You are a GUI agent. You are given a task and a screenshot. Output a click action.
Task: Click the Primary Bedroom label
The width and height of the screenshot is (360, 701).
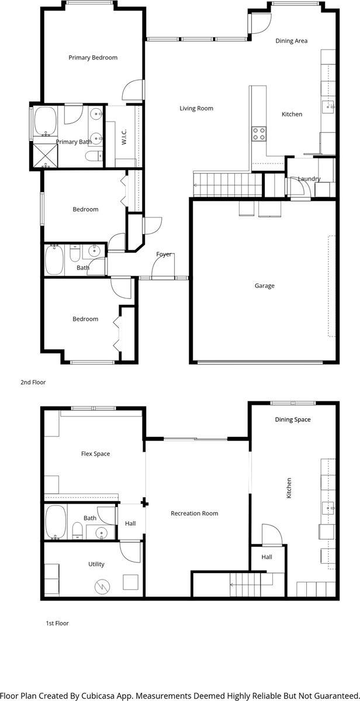tap(93, 58)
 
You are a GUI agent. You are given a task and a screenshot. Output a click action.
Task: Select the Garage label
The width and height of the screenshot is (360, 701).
tap(264, 286)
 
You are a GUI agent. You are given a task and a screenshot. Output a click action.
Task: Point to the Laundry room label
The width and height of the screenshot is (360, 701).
tap(309, 179)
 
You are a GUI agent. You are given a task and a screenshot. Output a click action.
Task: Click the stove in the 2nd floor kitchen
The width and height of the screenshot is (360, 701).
tap(259, 134)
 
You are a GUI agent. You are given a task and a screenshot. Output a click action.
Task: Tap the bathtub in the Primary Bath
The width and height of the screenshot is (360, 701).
tap(45, 121)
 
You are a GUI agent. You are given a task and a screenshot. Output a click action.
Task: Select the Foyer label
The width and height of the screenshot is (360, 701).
tap(164, 255)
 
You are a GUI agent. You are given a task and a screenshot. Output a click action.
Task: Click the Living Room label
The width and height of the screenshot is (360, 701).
tap(196, 109)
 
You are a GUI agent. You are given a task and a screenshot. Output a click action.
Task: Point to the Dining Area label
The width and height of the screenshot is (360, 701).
tap(292, 41)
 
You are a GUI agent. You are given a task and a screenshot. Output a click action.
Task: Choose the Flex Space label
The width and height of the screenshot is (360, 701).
tap(95, 454)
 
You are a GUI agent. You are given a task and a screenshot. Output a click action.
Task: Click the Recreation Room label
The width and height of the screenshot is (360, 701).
tap(194, 514)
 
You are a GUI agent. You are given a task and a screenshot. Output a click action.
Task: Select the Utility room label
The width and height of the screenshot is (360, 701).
tap(96, 564)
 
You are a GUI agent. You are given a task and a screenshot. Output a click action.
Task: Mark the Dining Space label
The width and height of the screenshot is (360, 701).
tap(293, 420)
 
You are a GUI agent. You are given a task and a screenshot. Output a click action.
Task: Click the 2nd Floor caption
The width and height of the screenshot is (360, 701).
tap(33, 383)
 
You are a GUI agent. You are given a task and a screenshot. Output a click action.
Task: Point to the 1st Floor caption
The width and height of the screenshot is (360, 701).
tap(57, 623)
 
